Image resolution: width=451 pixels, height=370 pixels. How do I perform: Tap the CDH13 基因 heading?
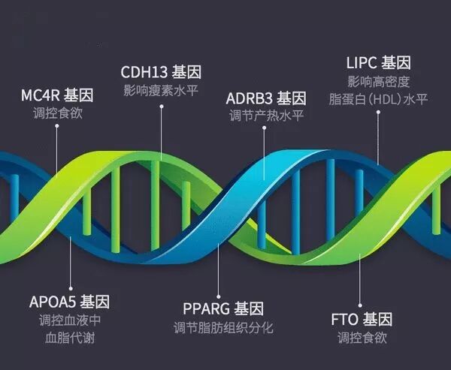point(161,73)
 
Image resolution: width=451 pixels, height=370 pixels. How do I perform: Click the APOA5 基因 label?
point(70,302)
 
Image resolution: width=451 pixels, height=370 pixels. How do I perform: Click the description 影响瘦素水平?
point(161,91)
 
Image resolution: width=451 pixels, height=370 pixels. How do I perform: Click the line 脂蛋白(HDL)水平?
point(378,99)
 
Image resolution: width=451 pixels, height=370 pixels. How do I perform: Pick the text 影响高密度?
point(378,80)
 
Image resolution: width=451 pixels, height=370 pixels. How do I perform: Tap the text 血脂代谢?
point(70,338)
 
